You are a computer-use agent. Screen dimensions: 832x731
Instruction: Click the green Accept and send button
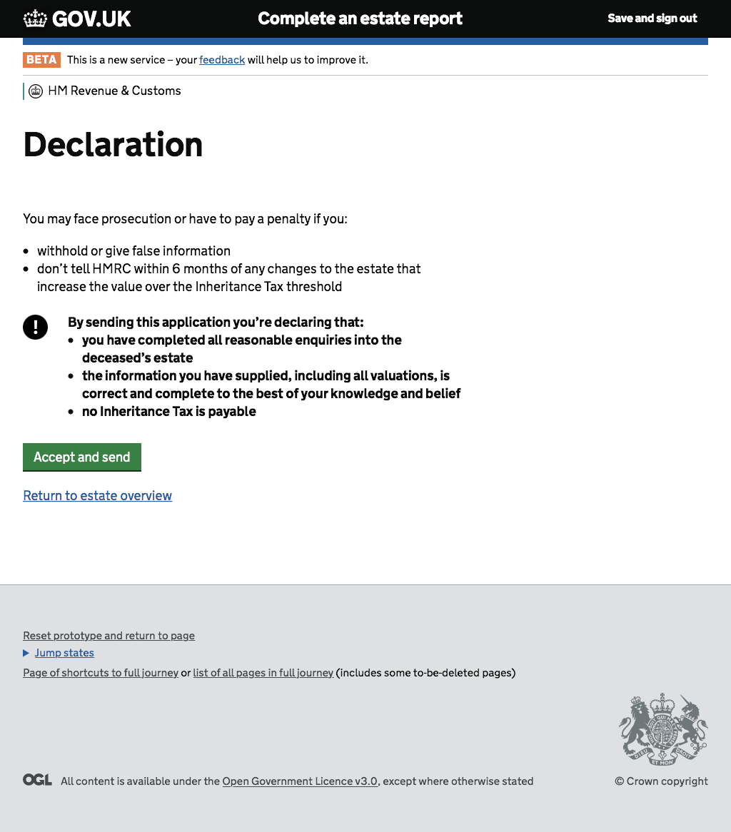pyautogui.click(x=81, y=457)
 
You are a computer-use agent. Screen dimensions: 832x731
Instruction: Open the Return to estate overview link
pyautogui.click(x=97, y=496)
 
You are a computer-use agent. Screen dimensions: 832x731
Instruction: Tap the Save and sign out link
pyautogui.click(x=652, y=19)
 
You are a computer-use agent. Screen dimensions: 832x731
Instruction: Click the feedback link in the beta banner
pyautogui.click(x=221, y=60)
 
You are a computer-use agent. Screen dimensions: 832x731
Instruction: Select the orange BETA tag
pyautogui.click(x=41, y=60)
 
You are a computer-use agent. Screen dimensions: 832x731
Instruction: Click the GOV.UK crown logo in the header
pyautogui.click(x=35, y=19)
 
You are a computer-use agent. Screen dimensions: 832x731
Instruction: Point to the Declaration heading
pyautogui.click(x=113, y=145)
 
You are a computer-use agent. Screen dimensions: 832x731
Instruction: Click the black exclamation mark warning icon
pyautogui.click(x=35, y=327)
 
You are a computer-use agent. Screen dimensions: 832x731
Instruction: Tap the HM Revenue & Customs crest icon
pyautogui.click(x=36, y=91)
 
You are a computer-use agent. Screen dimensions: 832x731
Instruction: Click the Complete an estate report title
pyautogui.click(x=360, y=19)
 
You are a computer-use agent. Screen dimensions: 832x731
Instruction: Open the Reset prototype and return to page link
pyautogui.click(x=109, y=636)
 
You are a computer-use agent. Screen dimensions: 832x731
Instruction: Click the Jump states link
pyautogui.click(x=64, y=653)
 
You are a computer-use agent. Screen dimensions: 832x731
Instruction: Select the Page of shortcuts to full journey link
pyautogui.click(x=101, y=673)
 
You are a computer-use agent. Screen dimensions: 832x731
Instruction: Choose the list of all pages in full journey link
pyautogui.click(x=263, y=673)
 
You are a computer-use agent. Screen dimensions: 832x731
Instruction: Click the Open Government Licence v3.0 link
pyautogui.click(x=300, y=781)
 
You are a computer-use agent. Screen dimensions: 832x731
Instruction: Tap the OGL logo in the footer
pyautogui.click(x=37, y=780)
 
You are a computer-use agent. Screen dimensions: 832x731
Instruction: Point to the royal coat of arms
pyautogui.click(x=663, y=729)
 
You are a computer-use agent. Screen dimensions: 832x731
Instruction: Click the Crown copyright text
pyautogui.click(x=661, y=781)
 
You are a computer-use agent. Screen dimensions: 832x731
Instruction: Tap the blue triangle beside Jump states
pyautogui.click(x=26, y=653)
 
